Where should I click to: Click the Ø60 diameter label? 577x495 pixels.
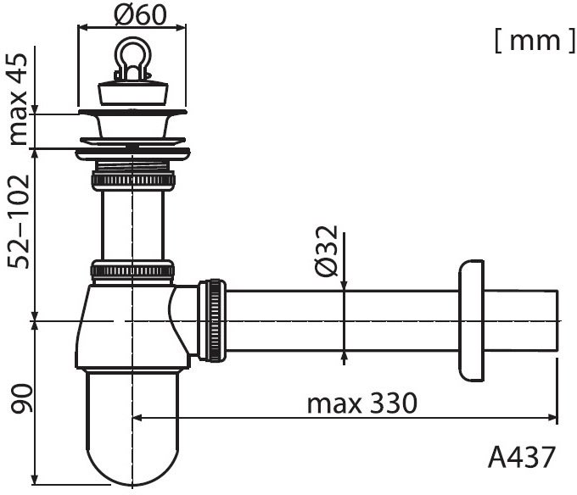[x=140, y=15]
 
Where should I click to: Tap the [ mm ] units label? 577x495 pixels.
[x=535, y=41]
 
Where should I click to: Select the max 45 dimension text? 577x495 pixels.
[x=18, y=99]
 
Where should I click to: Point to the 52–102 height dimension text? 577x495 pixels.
[x=19, y=221]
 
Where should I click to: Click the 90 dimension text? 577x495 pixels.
[x=21, y=398]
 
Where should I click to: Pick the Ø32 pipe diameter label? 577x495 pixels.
[x=326, y=251]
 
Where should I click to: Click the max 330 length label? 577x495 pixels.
[x=362, y=403]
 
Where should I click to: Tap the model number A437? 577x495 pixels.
[x=522, y=457]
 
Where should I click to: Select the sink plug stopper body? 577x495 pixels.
[x=133, y=94]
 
